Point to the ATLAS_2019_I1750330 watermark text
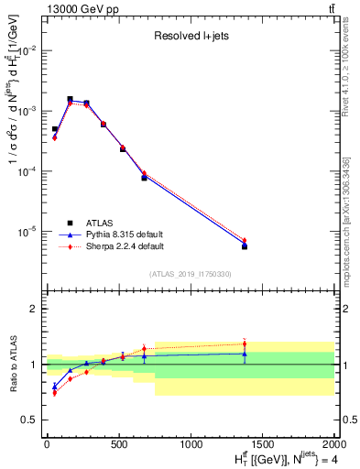click(191, 274)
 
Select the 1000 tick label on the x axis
click(191, 444)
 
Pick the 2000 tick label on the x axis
click(334, 444)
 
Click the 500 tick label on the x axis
click(118, 444)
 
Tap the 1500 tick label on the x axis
click(263, 444)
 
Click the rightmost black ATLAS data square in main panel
click(245, 246)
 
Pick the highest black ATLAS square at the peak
click(70, 99)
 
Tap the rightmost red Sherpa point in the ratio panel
click(245, 344)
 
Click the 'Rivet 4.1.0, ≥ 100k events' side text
click(347, 82)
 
